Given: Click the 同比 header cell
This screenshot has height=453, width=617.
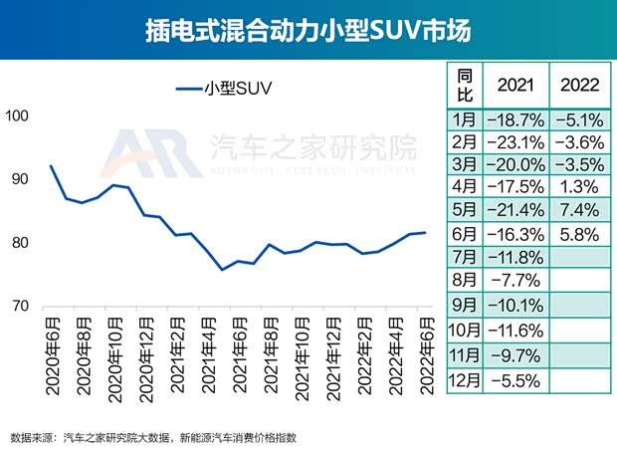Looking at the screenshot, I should point(464,83).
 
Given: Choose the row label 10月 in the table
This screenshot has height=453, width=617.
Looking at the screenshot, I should point(464,332).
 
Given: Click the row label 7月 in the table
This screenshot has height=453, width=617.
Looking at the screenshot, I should point(464,260).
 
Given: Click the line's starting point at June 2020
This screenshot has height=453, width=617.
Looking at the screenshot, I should point(51,165).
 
